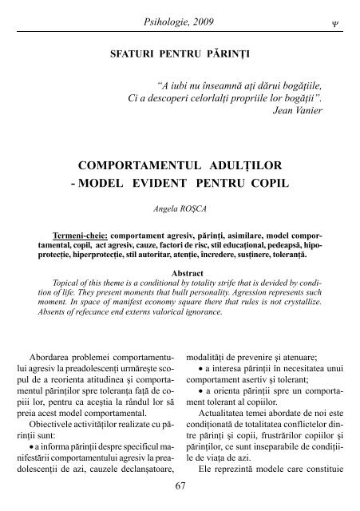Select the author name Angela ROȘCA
pyautogui.click(x=180, y=213)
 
